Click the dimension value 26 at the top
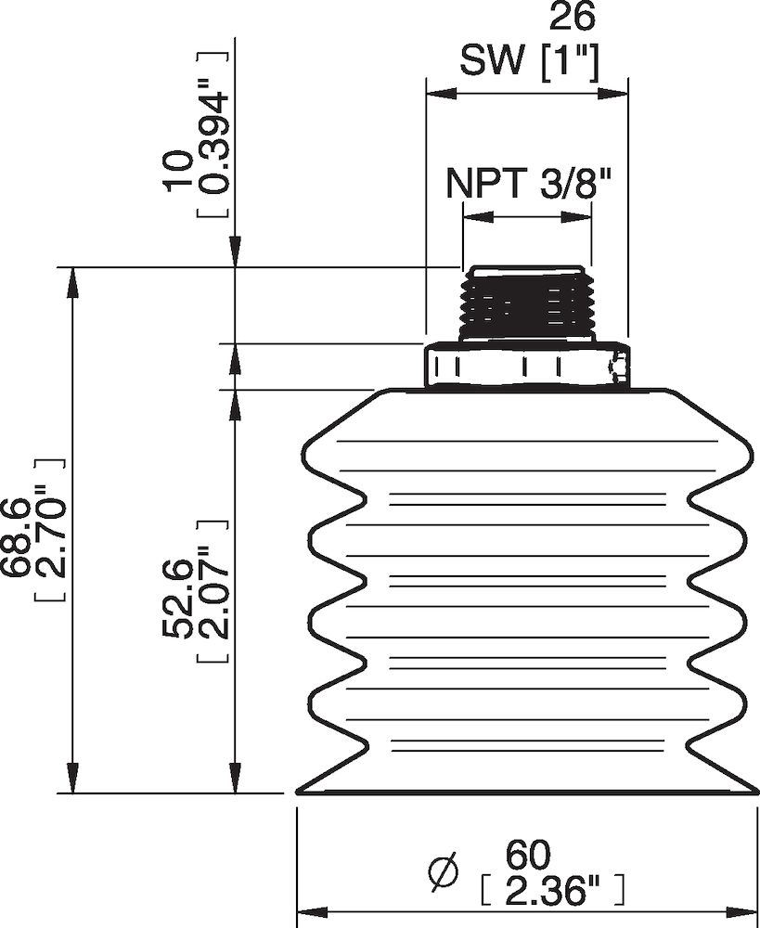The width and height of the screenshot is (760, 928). [572, 16]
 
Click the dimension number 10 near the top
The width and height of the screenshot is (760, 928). [176, 171]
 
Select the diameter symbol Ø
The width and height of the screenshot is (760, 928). [444, 871]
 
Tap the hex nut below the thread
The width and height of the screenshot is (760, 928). [526, 366]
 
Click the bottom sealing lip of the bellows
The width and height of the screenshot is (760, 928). [526, 789]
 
